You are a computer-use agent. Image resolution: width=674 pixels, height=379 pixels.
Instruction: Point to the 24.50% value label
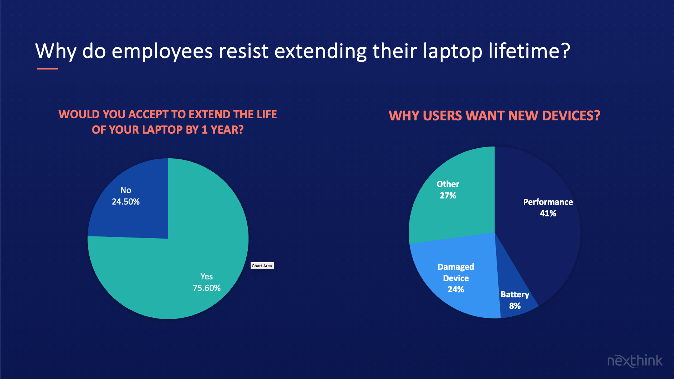[125, 202]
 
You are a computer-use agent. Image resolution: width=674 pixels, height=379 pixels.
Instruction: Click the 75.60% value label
[207, 288]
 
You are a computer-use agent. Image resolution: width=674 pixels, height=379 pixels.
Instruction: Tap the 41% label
[548, 214]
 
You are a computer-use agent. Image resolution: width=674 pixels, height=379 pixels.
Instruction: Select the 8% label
[515, 306]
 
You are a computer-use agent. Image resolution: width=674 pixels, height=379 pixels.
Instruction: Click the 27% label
[448, 196]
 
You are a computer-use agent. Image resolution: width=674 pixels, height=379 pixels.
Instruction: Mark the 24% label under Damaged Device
[456, 289]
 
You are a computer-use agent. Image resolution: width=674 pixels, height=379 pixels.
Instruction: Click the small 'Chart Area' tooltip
[262, 266]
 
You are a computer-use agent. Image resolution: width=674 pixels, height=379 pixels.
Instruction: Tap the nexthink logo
[635, 361]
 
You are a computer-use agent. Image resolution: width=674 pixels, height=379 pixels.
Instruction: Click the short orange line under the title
[47, 68]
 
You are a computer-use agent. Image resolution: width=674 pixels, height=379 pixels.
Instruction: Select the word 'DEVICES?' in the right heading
[571, 116]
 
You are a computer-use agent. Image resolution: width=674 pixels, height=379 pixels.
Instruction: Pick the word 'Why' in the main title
[56, 52]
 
